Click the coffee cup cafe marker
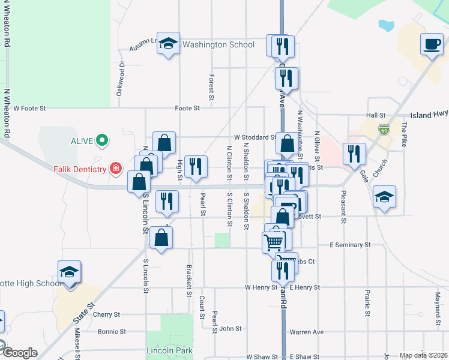432,44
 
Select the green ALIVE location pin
102,141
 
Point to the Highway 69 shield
384,129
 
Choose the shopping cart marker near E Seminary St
273,242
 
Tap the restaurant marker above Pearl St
195,166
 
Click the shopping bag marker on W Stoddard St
287,143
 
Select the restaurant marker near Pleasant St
354,153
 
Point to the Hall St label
375,115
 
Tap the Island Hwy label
429,114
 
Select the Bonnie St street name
112,331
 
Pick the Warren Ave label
306,332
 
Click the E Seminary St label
351,245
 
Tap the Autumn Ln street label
145,43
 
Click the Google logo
19,353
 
